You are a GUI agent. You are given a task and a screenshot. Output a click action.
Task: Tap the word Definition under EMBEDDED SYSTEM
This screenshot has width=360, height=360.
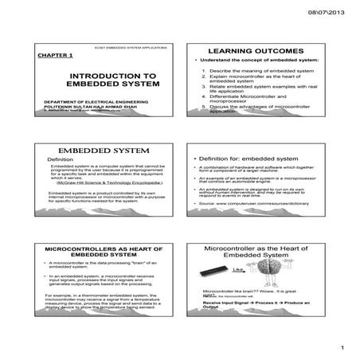click(61, 160)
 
